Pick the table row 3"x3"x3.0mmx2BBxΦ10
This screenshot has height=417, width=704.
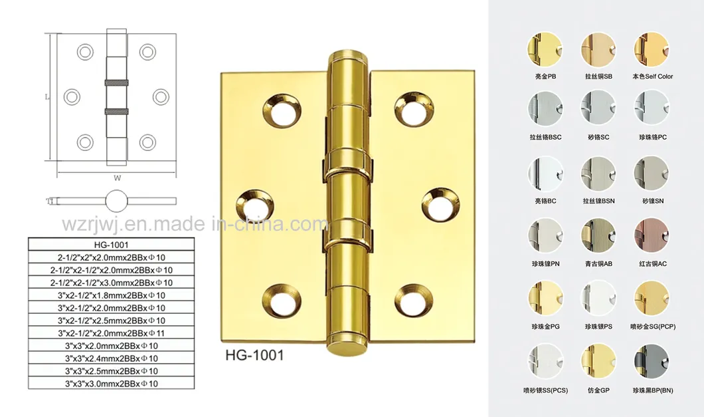point(111,383)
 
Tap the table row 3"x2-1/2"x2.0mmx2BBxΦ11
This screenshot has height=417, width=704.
point(111,333)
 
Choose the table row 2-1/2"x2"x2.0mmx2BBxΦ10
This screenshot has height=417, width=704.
point(111,257)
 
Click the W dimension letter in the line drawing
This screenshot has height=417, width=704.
point(117,178)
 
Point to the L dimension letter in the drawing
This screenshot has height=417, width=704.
point(46,96)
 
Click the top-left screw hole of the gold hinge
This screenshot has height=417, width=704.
point(282,106)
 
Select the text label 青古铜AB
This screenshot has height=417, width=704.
point(598,264)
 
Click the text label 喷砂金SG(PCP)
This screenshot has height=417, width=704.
point(652,327)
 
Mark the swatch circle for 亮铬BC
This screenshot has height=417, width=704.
point(544,174)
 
